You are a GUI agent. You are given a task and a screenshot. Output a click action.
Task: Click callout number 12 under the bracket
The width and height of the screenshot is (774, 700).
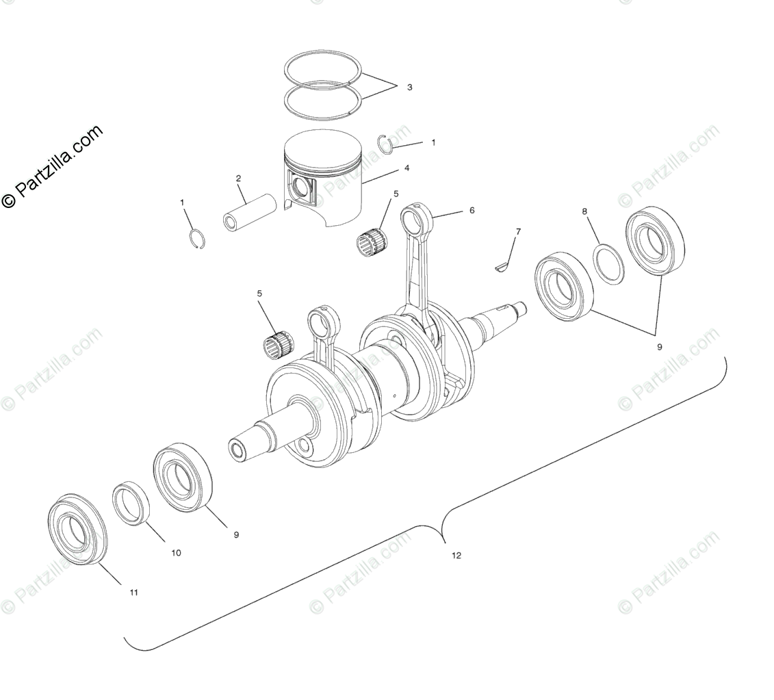point(456,556)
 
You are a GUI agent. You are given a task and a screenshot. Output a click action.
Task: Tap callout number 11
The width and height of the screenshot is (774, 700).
point(133,593)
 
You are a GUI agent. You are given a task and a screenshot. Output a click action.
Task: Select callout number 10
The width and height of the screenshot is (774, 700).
point(176,553)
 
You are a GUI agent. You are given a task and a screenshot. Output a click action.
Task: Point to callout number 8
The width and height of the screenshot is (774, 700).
point(584,211)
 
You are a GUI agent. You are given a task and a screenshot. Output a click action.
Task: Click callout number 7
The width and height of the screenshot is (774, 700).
point(518,232)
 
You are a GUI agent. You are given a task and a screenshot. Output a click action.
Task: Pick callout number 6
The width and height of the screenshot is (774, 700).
point(472,211)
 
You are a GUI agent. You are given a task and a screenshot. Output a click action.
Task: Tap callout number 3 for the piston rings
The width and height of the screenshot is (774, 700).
point(409,88)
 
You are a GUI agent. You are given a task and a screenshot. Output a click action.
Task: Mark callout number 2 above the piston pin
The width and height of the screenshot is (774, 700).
point(238,179)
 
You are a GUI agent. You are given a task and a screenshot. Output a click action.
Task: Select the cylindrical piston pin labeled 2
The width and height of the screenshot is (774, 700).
point(248,214)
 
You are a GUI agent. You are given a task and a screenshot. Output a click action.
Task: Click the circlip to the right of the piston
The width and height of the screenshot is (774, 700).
point(385,143)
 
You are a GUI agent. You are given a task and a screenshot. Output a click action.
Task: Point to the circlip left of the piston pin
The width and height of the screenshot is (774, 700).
point(197,238)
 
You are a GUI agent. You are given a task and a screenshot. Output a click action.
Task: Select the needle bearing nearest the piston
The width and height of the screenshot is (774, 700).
point(372,242)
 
